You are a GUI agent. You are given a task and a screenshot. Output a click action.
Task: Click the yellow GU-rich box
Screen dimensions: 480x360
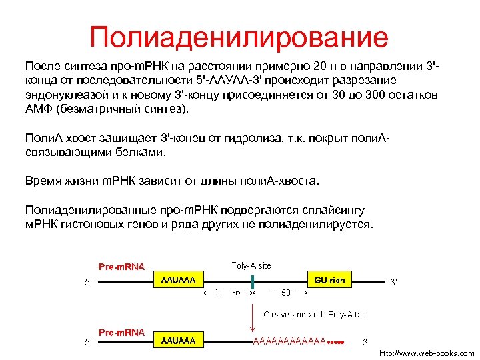(329, 281)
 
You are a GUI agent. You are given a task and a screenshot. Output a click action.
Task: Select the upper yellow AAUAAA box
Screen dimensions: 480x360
(179, 281)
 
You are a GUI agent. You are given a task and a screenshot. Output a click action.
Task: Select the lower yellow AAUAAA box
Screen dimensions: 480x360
(179, 341)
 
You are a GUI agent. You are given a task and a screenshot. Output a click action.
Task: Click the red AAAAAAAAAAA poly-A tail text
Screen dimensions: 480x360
(289, 341)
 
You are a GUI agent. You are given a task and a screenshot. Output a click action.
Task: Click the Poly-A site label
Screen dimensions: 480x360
(251, 265)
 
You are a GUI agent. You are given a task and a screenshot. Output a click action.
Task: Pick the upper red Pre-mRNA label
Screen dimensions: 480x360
(122, 268)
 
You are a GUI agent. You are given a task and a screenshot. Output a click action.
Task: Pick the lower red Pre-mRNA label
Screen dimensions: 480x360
(122, 331)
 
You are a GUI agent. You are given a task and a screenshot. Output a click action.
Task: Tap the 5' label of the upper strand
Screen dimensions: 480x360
(88, 282)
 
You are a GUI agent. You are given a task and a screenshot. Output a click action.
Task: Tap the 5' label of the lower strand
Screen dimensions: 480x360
(88, 342)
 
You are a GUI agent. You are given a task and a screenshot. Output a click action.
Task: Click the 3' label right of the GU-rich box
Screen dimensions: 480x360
(393, 282)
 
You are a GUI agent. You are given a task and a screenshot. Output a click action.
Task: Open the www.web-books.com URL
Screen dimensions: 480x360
(427, 353)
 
